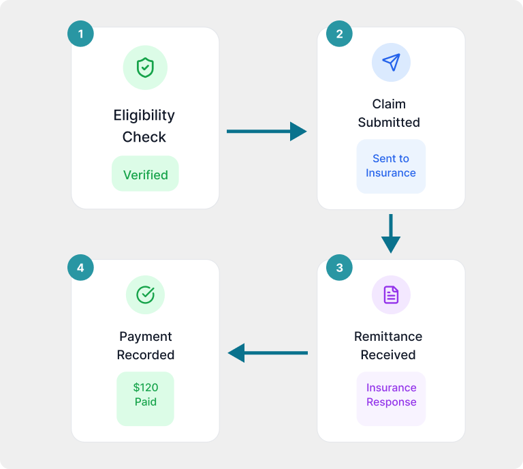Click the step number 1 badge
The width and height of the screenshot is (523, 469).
pyautogui.click(x=80, y=34)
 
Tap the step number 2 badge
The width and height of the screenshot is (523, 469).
pyautogui.click(x=339, y=34)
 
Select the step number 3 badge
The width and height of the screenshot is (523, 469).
pyautogui.click(x=339, y=267)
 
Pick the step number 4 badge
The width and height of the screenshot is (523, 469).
pyautogui.click(x=80, y=267)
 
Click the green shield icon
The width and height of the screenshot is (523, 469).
pyautogui.click(x=145, y=67)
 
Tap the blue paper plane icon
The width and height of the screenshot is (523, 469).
pyautogui.click(x=391, y=63)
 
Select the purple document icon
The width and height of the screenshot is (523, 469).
pyautogui.click(x=391, y=294)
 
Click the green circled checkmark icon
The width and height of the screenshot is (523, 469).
pyautogui.click(x=145, y=294)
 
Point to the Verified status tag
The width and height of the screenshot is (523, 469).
pyautogui.click(x=145, y=175)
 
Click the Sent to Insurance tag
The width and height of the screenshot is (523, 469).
pyautogui.click(x=391, y=166)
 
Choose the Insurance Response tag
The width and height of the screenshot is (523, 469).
pyautogui.click(x=391, y=395)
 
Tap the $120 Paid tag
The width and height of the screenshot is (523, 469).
pyautogui.click(x=145, y=395)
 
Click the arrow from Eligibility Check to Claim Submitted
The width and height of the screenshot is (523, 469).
pyautogui.click(x=266, y=131)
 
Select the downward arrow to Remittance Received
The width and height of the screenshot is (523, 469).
pyautogui.click(x=391, y=234)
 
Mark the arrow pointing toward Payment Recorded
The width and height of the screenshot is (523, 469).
pyautogui.click(x=268, y=352)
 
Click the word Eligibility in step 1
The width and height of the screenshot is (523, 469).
pyautogui.click(x=144, y=115)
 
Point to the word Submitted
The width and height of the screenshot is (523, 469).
pyautogui.click(x=389, y=123)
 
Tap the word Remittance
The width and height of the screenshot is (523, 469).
pyautogui.click(x=388, y=337)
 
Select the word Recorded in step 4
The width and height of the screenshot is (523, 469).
pyautogui.click(x=145, y=355)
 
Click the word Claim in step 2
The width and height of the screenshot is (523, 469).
pyautogui.click(x=389, y=104)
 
